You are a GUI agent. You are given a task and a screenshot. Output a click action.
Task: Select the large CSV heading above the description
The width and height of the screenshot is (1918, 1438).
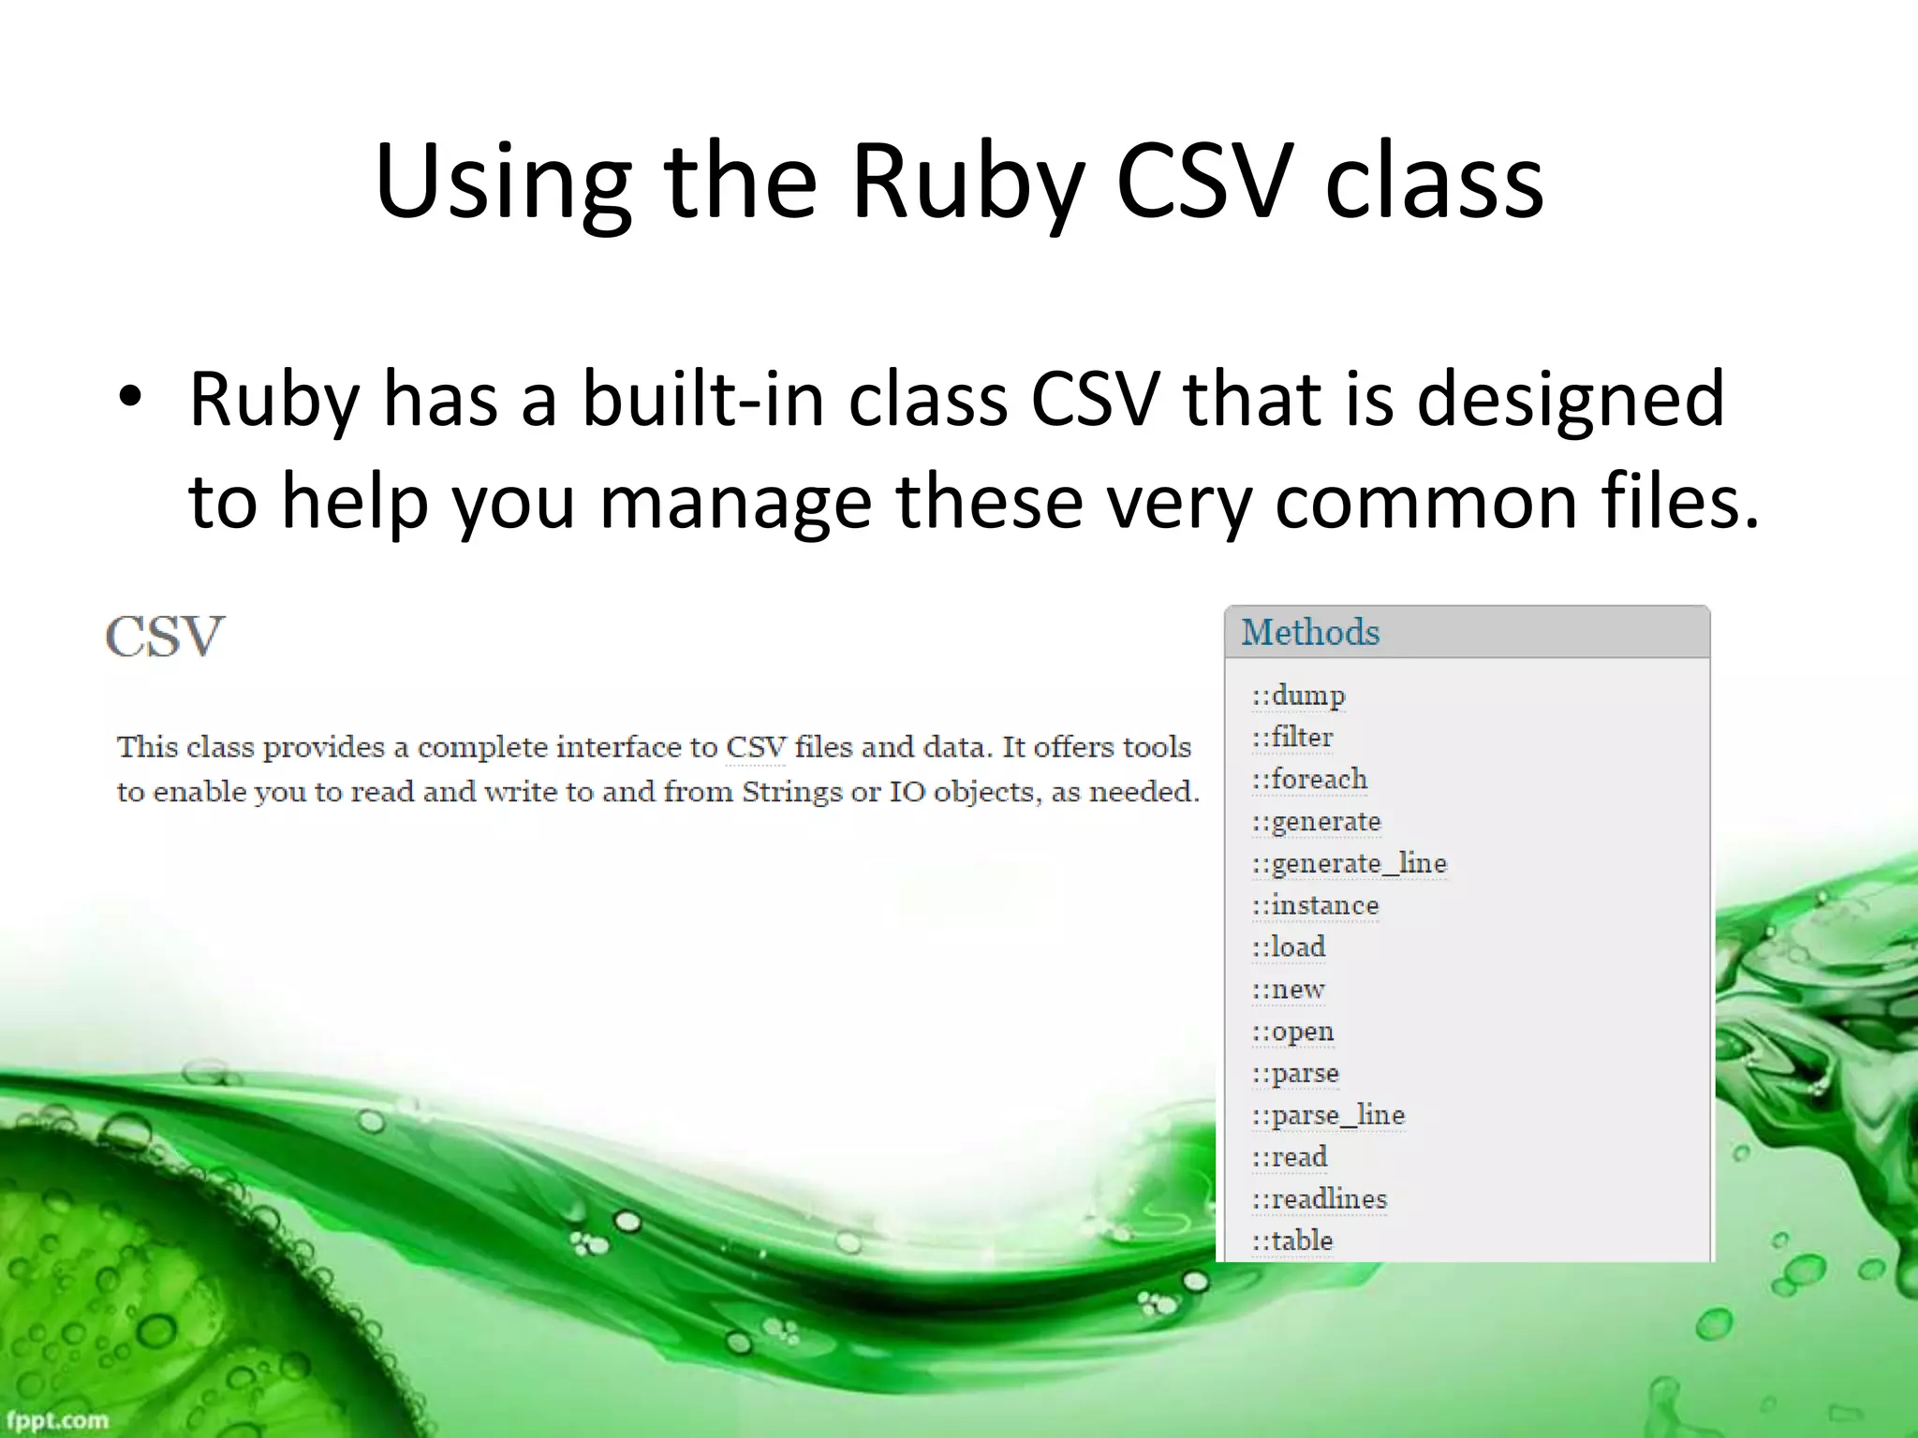click(165, 638)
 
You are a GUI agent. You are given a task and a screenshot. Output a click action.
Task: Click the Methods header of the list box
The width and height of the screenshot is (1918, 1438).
click(1310, 633)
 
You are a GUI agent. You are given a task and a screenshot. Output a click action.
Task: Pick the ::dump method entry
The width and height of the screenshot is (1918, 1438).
click(1298, 696)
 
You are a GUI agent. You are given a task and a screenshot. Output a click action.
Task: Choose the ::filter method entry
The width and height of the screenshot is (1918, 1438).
click(1292, 738)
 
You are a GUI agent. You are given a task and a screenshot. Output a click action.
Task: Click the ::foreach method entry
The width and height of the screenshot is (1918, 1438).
click(1309, 779)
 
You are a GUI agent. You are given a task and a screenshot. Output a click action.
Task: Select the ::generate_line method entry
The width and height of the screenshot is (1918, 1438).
click(1350, 863)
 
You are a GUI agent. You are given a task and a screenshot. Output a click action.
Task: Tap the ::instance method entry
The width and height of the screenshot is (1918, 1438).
click(1315, 905)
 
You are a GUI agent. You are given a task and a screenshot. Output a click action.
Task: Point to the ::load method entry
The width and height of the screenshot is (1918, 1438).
click(1289, 947)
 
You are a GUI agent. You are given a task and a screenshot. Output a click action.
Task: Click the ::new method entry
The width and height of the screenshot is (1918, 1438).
click(1289, 990)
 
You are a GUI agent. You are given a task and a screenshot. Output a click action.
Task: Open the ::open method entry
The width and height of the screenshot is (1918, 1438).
click(1292, 1032)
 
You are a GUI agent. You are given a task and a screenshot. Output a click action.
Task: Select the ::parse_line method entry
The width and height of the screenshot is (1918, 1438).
click(1328, 1115)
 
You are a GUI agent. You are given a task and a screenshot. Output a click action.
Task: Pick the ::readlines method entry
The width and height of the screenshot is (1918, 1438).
click(1320, 1199)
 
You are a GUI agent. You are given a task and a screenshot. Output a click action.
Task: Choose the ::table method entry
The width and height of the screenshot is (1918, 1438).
click(1292, 1240)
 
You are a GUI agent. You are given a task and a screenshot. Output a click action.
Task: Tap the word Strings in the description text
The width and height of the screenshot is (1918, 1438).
click(792, 792)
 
